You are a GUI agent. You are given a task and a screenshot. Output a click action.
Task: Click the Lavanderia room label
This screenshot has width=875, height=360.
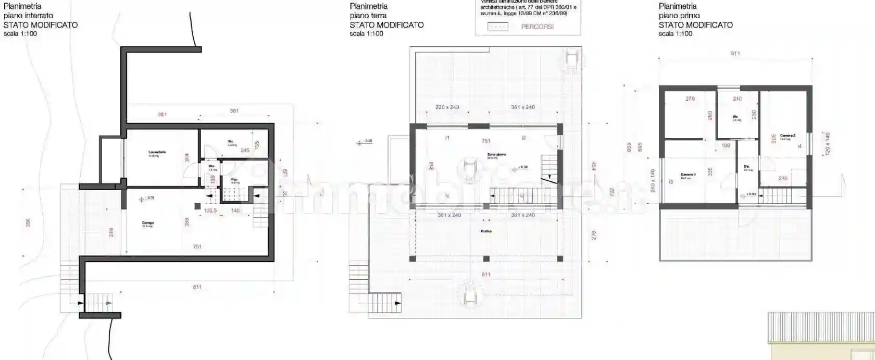[x=157, y=152]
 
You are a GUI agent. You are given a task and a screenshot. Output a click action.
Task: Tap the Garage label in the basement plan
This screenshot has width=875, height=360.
[x=148, y=223]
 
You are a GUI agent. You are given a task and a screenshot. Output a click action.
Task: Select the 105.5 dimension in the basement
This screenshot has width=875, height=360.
[x=210, y=210]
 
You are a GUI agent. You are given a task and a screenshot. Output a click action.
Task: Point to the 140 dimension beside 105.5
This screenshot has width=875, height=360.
[x=235, y=210]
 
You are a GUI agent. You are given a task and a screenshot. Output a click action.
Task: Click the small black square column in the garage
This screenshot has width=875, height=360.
[x=197, y=206]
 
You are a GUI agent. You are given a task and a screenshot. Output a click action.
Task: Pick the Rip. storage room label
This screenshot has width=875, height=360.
[x=235, y=180]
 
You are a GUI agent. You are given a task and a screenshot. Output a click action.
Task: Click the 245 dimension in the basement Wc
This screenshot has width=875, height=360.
[x=245, y=151]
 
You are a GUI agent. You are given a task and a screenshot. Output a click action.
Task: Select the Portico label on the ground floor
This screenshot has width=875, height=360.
[x=486, y=231]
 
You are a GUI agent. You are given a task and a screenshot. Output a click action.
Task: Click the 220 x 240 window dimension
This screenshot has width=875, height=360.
[x=447, y=107]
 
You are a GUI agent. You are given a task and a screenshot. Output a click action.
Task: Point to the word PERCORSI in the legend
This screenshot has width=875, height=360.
[x=537, y=27]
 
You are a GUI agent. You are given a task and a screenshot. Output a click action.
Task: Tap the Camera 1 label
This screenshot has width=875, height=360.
[x=688, y=175]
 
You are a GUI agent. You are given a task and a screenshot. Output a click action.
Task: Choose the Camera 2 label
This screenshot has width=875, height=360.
[x=787, y=136]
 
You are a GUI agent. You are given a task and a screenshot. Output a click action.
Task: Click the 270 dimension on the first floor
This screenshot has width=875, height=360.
[x=690, y=99]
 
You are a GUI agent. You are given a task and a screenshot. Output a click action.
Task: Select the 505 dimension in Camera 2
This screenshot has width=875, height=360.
[x=773, y=139]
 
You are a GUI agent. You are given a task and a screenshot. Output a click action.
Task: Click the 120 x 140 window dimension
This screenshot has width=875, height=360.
[x=828, y=144]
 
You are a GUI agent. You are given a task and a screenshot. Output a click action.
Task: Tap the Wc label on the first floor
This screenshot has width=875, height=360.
[x=735, y=117]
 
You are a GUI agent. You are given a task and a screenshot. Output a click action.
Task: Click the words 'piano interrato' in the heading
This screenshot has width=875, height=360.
[x=28, y=16]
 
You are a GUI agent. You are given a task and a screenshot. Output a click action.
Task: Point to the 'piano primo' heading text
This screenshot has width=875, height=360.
[x=679, y=16]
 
